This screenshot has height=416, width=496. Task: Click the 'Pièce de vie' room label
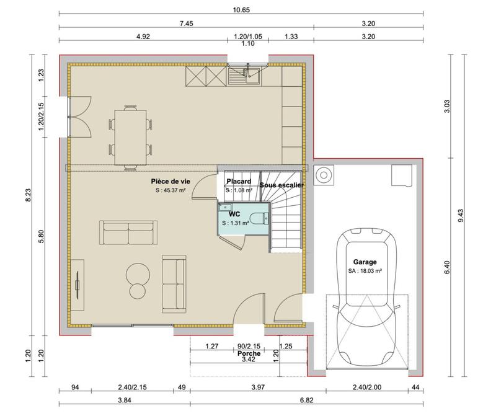point(170,180)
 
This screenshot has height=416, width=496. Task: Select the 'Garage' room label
point(365,262)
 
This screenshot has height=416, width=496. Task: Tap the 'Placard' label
point(238,181)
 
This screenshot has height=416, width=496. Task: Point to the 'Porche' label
point(249,353)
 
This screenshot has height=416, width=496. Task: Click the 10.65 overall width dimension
point(242,10)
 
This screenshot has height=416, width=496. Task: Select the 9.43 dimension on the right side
point(460,216)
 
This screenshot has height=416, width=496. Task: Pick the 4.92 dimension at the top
point(143,37)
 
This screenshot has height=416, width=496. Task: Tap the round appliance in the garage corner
point(323,175)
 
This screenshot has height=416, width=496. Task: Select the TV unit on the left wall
point(77,285)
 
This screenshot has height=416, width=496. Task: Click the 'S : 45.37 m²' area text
point(171,191)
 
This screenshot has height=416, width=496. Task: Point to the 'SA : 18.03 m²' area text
point(365,271)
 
